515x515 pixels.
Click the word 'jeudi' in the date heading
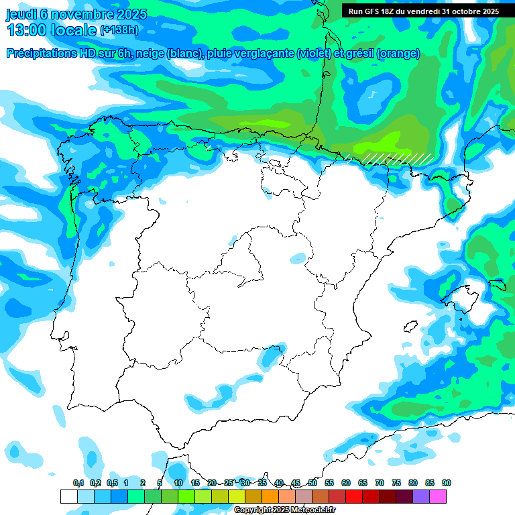(21, 14)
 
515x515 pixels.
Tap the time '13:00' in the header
(27, 30)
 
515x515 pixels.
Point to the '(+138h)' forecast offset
(119, 30)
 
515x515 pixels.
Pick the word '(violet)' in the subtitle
(317, 54)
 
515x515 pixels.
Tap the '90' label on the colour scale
(447, 483)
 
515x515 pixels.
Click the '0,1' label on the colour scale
(78, 483)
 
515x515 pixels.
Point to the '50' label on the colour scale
(312, 483)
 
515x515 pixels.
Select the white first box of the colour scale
(69, 496)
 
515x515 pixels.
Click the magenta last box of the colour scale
(438, 496)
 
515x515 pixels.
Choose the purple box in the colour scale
(421, 496)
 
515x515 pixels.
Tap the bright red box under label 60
(354, 496)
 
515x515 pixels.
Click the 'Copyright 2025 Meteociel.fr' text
(284, 510)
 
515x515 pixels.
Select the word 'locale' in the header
(74, 30)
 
